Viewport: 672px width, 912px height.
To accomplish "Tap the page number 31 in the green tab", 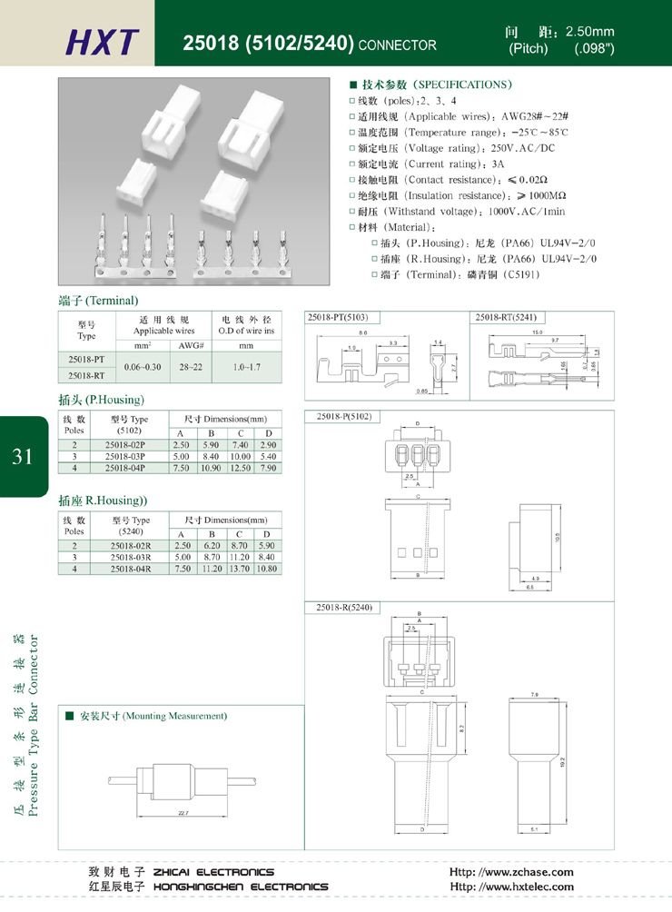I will pyautogui.click(x=23, y=456).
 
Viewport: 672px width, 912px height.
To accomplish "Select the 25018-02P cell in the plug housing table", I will pyautogui.click(x=125, y=443).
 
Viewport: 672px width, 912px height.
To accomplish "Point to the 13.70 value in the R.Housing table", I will pyautogui.click(x=240, y=568).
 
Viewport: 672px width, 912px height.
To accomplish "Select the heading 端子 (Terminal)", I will pyautogui.click(x=98, y=301).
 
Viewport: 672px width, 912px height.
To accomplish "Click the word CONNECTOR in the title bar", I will pyautogui.click(x=398, y=45).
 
